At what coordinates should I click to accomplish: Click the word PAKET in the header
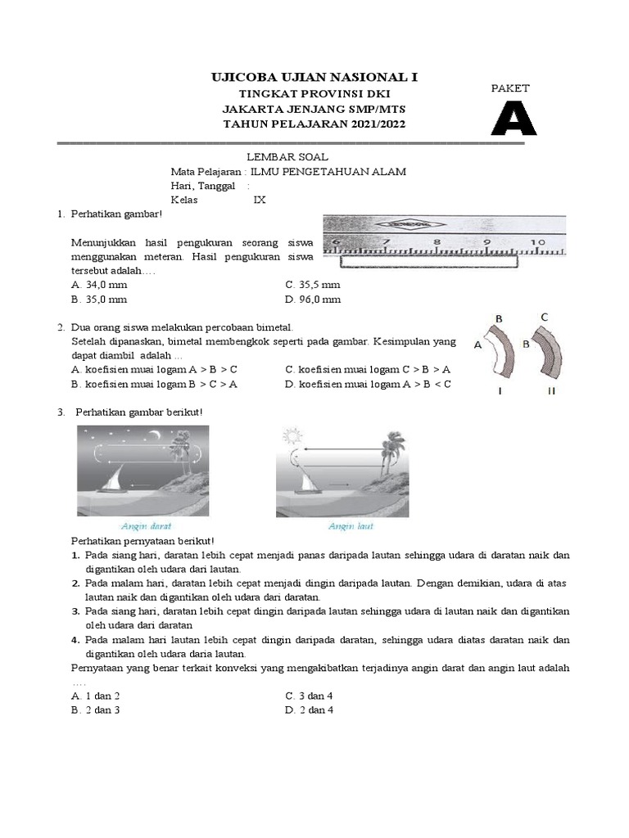[x=510, y=88]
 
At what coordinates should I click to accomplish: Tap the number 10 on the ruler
[x=538, y=242]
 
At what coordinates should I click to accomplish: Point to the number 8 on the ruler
[x=437, y=242]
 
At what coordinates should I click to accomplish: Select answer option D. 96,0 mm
[x=312, y=300]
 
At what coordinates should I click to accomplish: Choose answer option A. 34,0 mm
[x=99, y=285]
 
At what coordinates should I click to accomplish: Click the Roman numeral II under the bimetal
[x=551, y=391]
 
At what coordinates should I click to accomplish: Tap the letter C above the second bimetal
[x=544, y=317]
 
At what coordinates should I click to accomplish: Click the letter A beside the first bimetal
[x=477, y=346]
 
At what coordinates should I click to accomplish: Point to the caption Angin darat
[x=146, y=526]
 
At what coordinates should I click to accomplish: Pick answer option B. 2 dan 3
[x=96, y=710]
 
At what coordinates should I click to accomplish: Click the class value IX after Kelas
[x=260, y=200]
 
